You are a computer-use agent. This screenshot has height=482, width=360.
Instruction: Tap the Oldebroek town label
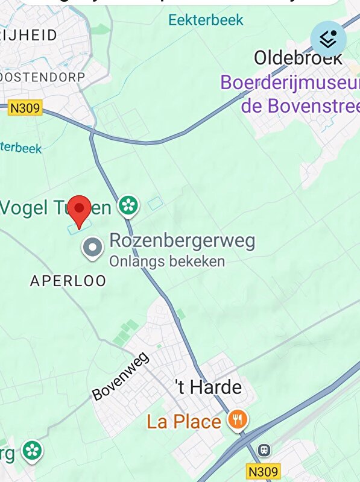coord(298,58)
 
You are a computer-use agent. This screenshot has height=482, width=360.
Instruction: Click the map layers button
coord(328,40)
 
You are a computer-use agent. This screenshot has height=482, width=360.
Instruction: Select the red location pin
coord(79,211)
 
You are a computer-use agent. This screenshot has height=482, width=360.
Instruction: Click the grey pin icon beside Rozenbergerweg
coord(92,248)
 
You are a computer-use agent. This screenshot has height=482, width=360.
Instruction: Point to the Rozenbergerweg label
coord(182,241)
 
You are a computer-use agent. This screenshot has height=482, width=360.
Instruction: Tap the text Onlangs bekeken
coord(166,261)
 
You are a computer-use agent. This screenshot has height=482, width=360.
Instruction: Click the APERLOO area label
coord(68,280)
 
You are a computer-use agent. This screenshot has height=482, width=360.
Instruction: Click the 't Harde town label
coord(208,387)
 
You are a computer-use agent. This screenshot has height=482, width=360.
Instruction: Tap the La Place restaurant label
coord(184,421)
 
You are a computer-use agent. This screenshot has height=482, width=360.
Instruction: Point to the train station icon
coord(264,449)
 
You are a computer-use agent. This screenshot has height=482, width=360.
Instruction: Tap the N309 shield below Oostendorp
coord(25,108)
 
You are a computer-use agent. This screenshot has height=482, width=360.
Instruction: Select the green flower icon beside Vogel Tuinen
coord(128,205)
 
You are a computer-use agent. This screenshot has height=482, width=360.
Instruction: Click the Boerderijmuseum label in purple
coord(289,83)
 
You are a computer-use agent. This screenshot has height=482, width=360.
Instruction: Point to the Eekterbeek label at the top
coord(206,20)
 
